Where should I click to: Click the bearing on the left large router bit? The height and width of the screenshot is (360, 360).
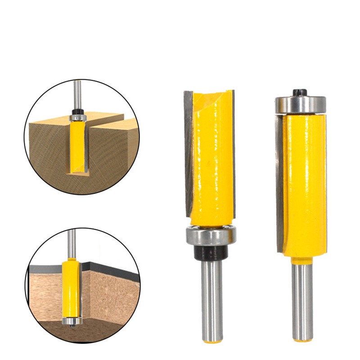(211, 236)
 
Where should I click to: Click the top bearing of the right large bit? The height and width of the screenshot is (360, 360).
(300, 104)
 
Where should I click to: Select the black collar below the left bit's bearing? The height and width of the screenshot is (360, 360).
(211, 253)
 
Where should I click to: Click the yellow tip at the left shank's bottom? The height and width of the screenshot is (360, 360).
(211, 341)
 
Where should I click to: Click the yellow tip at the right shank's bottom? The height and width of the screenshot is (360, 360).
(302, 340)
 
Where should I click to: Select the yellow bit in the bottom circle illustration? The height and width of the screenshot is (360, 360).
(72, 288)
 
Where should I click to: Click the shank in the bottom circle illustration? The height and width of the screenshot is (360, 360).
(72, 243)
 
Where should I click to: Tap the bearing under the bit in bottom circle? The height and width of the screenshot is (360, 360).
(72, 321)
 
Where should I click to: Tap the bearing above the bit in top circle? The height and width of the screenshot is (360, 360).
(78, 117)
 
